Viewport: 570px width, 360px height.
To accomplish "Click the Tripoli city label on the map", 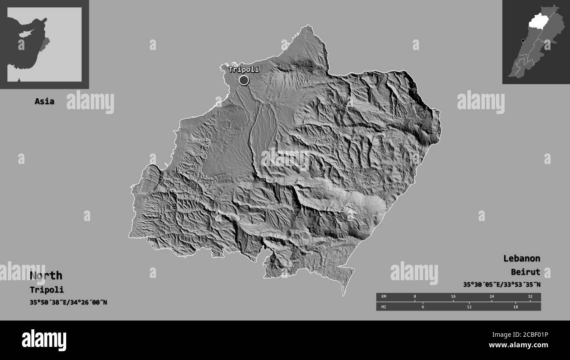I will click(x=243, y=69).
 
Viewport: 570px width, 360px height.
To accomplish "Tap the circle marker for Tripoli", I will click(x=244, y=80).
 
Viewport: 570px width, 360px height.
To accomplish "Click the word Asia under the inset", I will click(x=44, y=101).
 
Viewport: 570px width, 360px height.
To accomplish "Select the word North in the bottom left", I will click(x=46, y=275).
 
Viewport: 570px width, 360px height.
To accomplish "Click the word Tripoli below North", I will click(x=47, y=290).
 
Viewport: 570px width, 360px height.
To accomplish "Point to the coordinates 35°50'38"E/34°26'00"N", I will click(x=68, y=303).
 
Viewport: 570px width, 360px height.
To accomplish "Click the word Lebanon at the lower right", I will click(x=521, y=258).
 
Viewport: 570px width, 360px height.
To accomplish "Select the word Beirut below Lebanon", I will click(x=525, y=272).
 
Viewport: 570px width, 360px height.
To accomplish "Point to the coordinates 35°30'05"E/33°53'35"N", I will click(x=502, y=285).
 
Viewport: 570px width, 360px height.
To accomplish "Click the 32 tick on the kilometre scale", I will click(x=530, y=297).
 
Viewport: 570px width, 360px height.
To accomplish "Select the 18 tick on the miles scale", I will click(x=515, y=307).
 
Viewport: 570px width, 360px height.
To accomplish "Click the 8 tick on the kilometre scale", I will click(x=415, y=297).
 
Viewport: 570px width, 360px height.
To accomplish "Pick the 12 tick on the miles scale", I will click(x=469, y=307).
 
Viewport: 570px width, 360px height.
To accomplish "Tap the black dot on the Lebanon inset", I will click(x=523, y=41).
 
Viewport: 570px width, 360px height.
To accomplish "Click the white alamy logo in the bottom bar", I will click(x=44, y=340).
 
